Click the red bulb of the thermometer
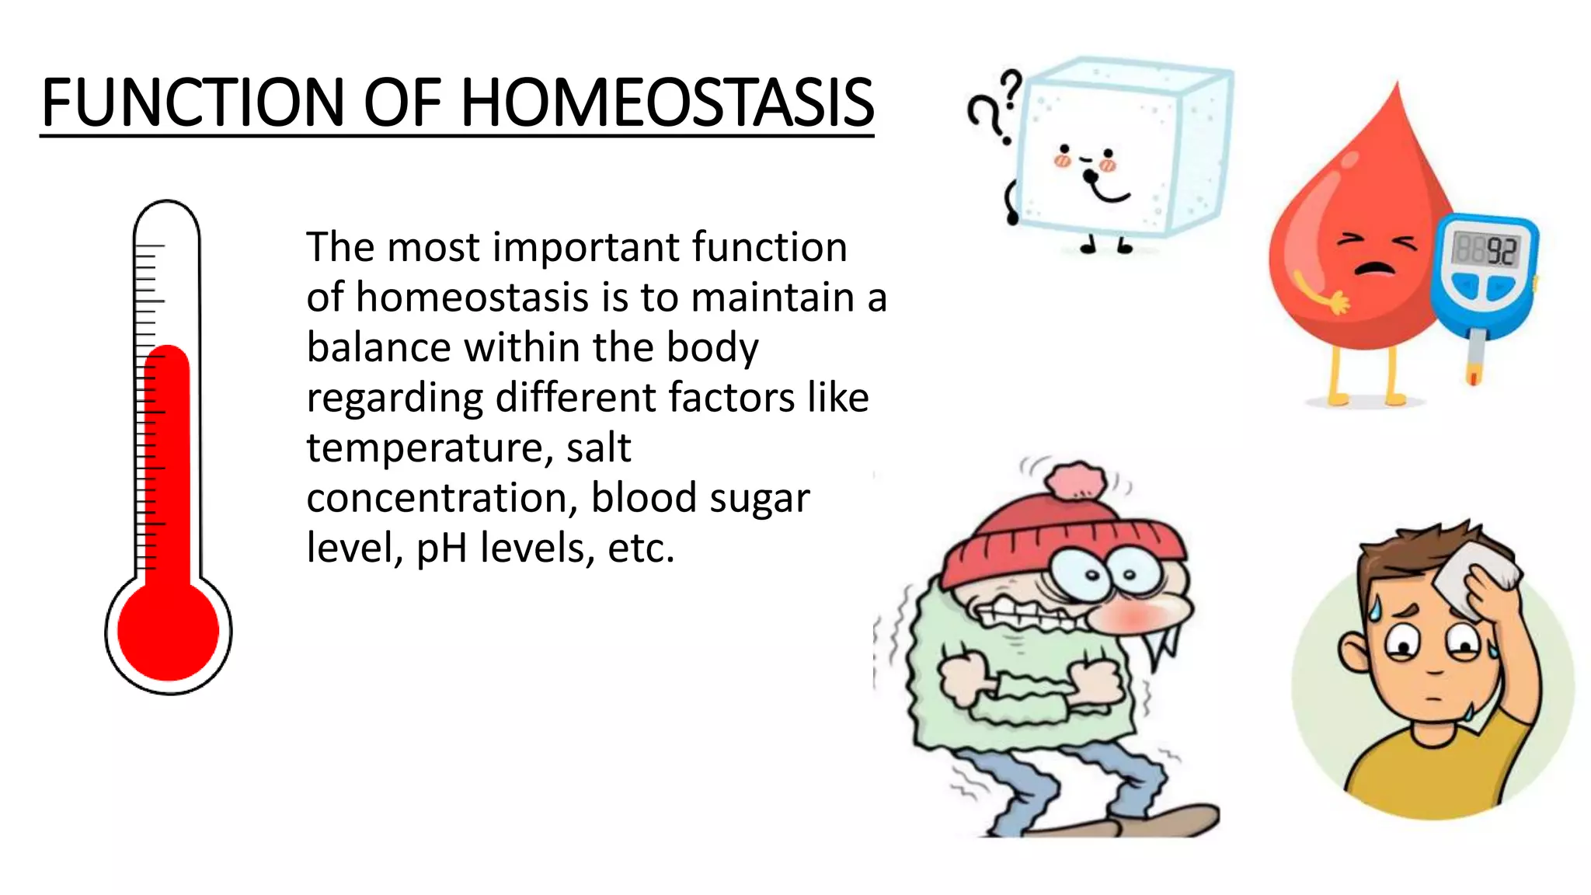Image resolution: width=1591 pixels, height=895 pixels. pos(168,631)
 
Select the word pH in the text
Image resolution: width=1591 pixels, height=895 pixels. pos(441,548)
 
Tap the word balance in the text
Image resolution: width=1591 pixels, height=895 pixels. pos(378,347)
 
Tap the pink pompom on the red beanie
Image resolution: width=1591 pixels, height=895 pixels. pos(1076,482)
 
